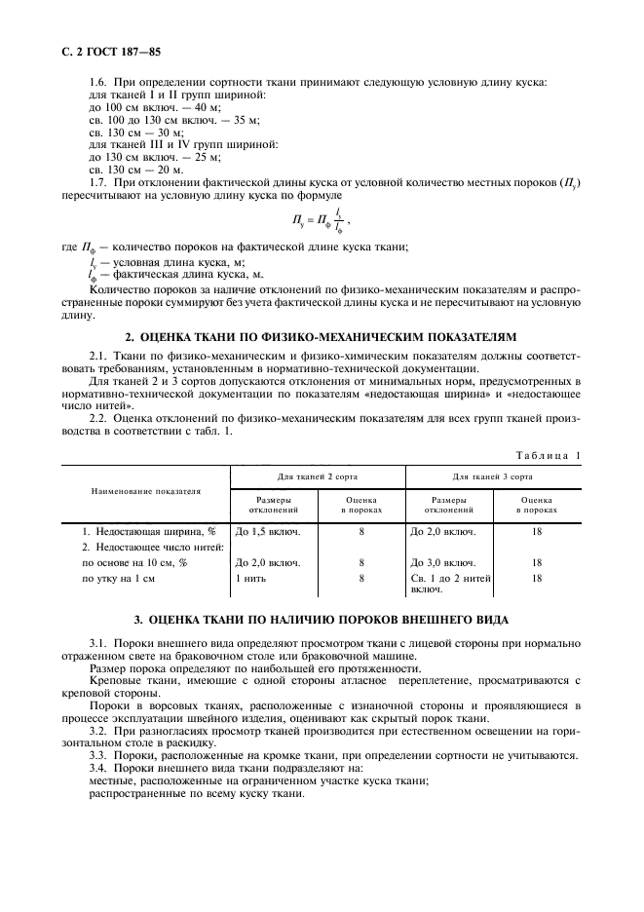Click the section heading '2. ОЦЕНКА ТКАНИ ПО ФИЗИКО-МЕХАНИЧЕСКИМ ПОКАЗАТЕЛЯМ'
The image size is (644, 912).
pyautogui.click(x=322, y=336)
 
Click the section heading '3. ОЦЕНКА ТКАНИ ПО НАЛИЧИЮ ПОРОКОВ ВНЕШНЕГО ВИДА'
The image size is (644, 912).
pyautogui.click(x=322, y=621)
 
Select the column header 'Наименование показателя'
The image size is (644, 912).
pyautogui.click(x=145, y=491)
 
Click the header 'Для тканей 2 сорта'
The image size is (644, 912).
pyautogui.click(x=317, y=477)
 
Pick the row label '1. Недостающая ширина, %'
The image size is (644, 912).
pyautogui.click(x=148, y=533)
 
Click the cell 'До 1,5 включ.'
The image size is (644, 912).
pyautogui.click(x=268, y=533)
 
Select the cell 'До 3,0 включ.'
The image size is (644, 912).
pyautogui.click(x=443, y=563)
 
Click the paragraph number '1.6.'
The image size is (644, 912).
pyautogui.click(x=98, y=83)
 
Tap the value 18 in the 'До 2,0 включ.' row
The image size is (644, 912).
pyautogui.click(x=537, y=533)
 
